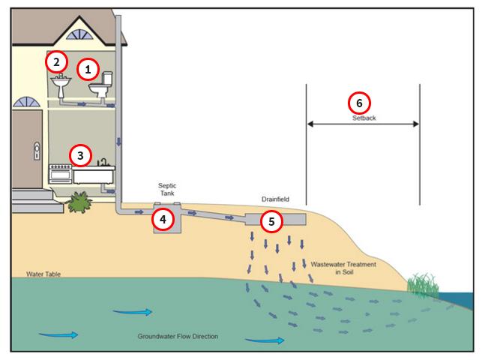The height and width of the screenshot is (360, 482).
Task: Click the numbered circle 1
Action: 88,69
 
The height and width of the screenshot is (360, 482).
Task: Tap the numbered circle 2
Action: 56,62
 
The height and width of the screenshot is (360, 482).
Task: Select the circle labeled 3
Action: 80,155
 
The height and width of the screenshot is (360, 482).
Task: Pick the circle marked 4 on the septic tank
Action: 163,219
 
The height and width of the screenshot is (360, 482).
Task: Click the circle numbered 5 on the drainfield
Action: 271,221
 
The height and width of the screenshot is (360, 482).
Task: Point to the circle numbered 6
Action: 359,103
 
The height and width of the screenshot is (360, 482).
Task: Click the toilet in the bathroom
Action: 101,85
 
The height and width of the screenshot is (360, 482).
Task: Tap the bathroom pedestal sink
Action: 61,85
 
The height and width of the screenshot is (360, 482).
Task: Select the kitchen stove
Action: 60,174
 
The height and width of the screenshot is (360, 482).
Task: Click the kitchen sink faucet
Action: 103,162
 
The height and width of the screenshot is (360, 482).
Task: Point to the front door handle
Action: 37,151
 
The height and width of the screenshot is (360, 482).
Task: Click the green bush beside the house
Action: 79,202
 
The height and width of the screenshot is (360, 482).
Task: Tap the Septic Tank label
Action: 167,190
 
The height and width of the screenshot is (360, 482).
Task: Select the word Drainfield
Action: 275,199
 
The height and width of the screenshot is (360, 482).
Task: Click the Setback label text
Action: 364,118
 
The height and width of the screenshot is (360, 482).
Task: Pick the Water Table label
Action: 43,274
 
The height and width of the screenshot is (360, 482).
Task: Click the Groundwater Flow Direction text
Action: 178,336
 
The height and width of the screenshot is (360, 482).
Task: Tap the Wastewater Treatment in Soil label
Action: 343,268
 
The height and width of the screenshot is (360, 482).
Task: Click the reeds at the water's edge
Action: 423,285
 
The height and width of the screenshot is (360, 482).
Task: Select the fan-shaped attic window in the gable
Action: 79,34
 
